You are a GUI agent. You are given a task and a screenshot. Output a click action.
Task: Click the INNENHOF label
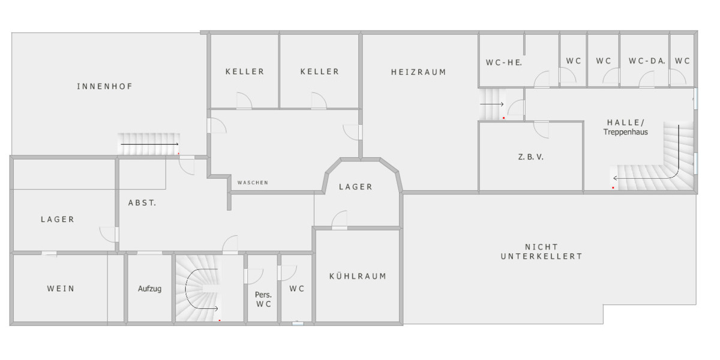tap(105, 86)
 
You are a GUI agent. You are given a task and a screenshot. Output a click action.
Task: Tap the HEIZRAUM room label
tap(419, 73)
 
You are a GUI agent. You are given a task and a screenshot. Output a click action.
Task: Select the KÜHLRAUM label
tap(358, 276)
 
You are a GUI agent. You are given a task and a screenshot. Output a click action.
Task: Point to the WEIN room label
tap(61, 289)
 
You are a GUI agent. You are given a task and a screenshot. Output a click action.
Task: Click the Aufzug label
tap(150, 289)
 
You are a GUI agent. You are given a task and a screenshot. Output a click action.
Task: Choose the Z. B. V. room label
tap(530, 157)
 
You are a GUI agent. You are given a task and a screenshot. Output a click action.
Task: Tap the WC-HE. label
tap(503, 62)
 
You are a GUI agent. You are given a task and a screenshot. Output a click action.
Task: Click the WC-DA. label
tap(647, 61)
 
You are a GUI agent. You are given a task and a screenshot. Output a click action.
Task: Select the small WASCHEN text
tap(253, 182)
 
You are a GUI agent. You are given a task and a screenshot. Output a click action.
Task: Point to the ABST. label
tap(142, 203)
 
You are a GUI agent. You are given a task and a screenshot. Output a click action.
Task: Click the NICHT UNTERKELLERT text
tap(542, 251)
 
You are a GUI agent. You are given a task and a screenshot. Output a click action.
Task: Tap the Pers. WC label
tap(263, 299)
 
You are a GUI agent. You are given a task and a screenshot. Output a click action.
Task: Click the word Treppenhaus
tap(625, 132)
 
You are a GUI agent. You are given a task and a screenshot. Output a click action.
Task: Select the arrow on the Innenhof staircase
tap(149, 145)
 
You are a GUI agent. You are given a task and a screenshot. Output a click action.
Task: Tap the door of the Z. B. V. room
tap(541, 130)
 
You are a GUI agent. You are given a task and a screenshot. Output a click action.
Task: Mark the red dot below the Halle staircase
tap(613, 188)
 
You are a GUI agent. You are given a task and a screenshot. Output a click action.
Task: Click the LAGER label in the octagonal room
tap(356, 187)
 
